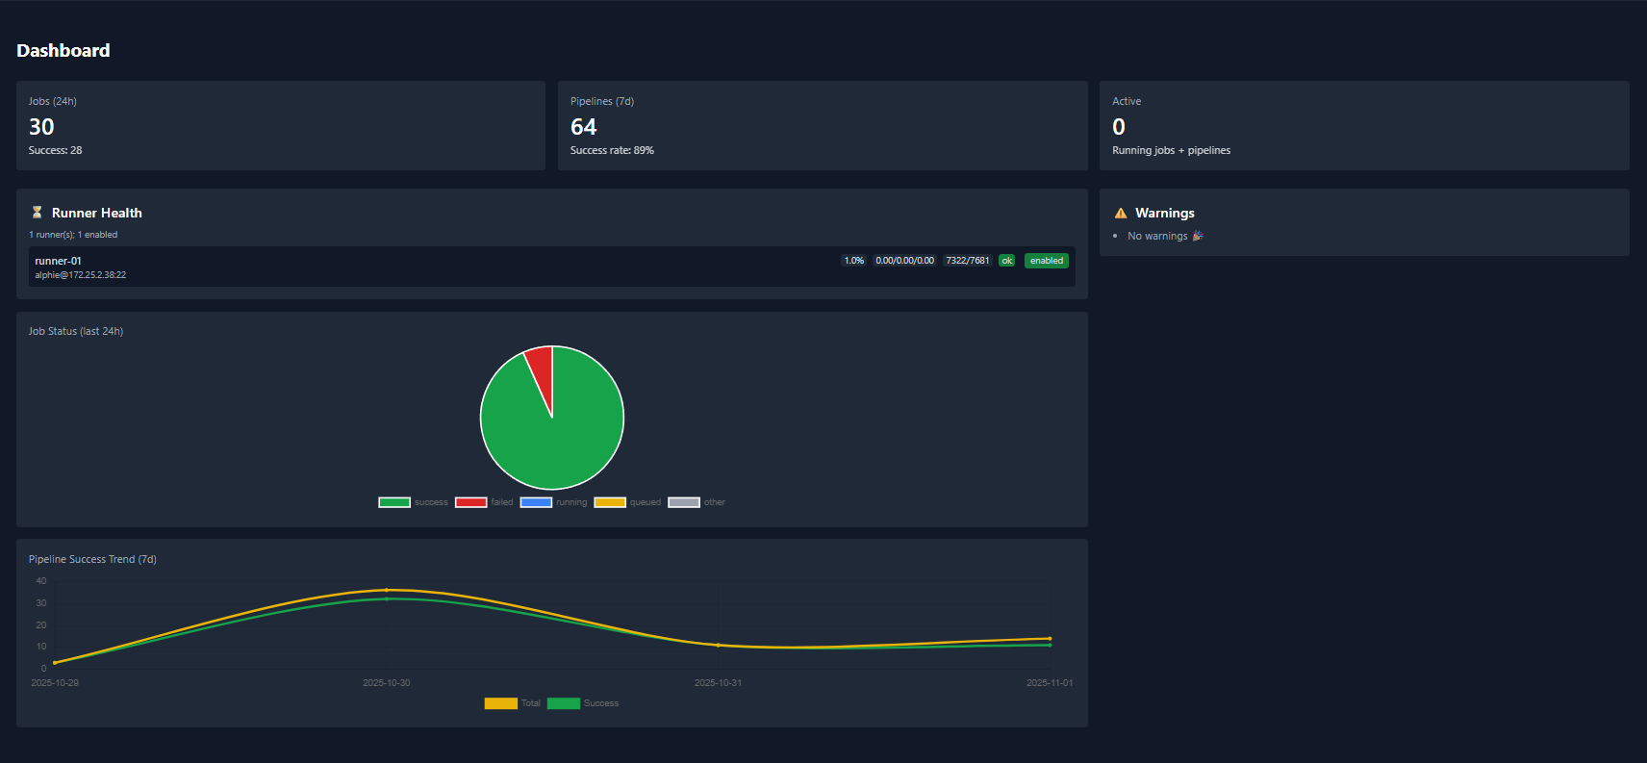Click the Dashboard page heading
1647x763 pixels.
click(x=63, y=50)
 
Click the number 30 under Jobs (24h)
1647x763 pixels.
click(x=41, y=127)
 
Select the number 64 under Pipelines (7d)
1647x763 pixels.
click(x=583, y=127)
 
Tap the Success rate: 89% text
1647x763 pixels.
click(x=612, y=150)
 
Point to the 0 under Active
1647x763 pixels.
click(x=1118, y=127)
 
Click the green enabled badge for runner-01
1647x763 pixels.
click(x=1046, y=261)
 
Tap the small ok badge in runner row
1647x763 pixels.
click(x=1006, y=261)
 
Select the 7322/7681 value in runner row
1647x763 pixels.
click(x=967, y=261)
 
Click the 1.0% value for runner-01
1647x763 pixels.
click(x=853, y=261)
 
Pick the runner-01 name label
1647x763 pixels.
click(x=58, y=261)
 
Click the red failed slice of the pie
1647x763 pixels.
click(x=541, y=370)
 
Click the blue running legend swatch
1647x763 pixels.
click(x=536, y=502)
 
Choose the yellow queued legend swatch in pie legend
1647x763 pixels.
click(x=610, y=502)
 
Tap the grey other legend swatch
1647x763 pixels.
click(x=684, y=502)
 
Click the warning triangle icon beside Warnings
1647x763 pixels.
click(x=1120, y=214)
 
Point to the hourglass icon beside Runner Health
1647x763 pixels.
click(x=37, y=213)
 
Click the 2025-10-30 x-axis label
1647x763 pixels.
click(x=386, y=683)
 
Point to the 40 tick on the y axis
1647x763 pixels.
click(x=41, y=581)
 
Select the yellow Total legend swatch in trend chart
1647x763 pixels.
click(x=500, y=703)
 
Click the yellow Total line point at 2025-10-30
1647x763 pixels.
click(x=387, y=590)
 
